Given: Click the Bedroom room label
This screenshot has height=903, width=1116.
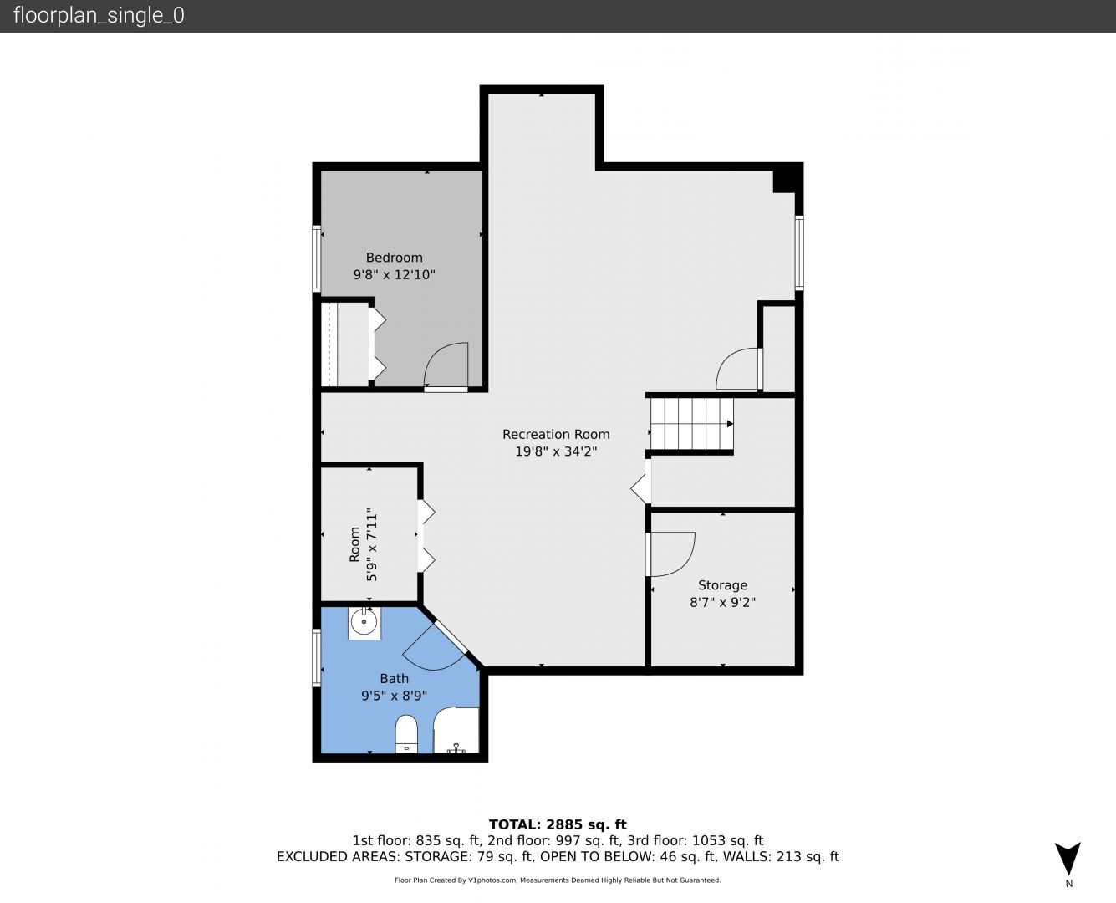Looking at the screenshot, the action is (x=394, y=258).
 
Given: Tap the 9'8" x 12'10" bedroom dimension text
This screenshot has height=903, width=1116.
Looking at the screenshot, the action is (x=394, y=274).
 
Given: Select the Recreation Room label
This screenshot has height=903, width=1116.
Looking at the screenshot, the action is (x=556, y=434).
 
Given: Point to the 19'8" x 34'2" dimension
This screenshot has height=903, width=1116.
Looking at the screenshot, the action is (x=556, y=451).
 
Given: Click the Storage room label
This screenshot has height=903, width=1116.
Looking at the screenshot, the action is (x=722, y=585).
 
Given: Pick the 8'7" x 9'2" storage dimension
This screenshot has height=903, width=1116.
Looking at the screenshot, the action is (x=722, y=602).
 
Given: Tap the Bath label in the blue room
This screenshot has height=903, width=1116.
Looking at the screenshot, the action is (x=394, y=678).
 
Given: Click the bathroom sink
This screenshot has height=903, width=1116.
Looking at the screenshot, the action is (x=364, y=623).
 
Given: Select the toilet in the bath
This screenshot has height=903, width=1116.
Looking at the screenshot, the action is (x=406, y=734).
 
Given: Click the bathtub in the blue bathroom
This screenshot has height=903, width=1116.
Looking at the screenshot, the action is (x=456, y=730).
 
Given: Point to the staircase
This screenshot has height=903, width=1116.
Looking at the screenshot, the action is (x=691, y=424).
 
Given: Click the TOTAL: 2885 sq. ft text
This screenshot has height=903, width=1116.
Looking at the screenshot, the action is (x=558, y=824).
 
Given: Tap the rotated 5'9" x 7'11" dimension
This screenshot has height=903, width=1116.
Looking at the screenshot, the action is (x=364, y=544).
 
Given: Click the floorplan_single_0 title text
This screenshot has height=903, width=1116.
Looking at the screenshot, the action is (x=99, y=16).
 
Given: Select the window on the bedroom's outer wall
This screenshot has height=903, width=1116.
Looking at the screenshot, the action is (x=317, y=258).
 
